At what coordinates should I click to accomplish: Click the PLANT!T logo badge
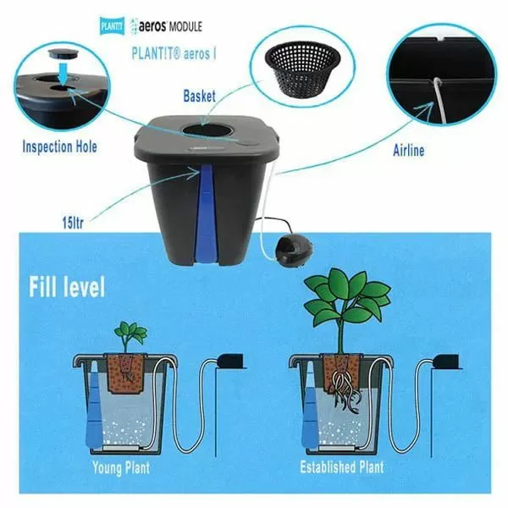click(112, 26)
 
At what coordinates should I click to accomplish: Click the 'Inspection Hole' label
click(59, 146)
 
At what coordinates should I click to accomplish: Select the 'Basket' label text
click(199, 96)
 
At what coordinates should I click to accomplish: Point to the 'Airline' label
click(409, 151)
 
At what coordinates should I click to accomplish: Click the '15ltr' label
click(73, 223)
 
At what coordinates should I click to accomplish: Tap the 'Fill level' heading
click(67, 286)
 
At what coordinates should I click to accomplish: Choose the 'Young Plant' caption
click(121, 467)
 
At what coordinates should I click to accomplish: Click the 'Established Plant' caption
click(342, 467)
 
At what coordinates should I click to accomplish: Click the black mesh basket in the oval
click(302, 69)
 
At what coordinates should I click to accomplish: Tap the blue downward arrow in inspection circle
click(63, 74)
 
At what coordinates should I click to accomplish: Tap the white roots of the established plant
click(345, 392)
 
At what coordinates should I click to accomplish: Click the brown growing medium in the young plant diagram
click(125, 372)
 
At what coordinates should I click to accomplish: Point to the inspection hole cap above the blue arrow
click(63, 54)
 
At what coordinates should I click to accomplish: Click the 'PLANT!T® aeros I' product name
click(174, 53)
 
